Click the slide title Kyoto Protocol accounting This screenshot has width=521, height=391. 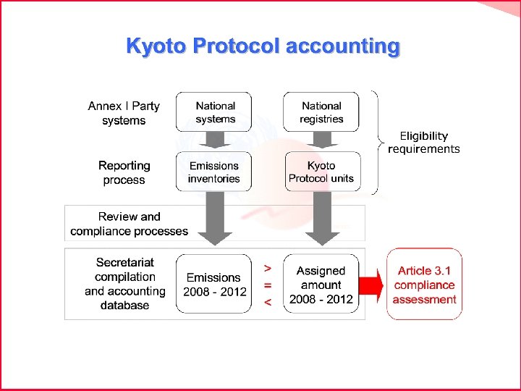[x=262, y=46]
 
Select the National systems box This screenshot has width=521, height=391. [x=215, y=112]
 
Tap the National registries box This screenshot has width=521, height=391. [x=321, y=112]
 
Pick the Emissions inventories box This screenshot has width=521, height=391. [x=214, y=172]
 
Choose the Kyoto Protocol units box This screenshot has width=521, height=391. [x=321, y=172]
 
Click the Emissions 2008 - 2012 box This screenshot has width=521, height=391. [x=214, y=284]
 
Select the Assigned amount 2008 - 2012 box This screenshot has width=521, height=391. [x=321, y=284]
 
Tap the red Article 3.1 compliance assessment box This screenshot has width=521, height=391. [x=424, y=285]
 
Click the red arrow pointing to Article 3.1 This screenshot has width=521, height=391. [x=371, y=285]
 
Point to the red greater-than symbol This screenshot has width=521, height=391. [x=268, y=267]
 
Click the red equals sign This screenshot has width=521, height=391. [x=268, y=285]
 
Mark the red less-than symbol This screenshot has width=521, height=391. [x=268, y=303]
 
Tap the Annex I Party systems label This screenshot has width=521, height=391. [x=124, y=113]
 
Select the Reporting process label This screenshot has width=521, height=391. [x=124, y=172]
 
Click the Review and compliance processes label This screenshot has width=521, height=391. [x=129, y=224]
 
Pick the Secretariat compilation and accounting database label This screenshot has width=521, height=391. [x=124, y=284]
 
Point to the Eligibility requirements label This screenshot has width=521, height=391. [x=423, y=142]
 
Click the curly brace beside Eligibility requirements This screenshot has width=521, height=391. [x=376, y=142]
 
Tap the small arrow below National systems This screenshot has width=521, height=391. [x=215, y=141]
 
